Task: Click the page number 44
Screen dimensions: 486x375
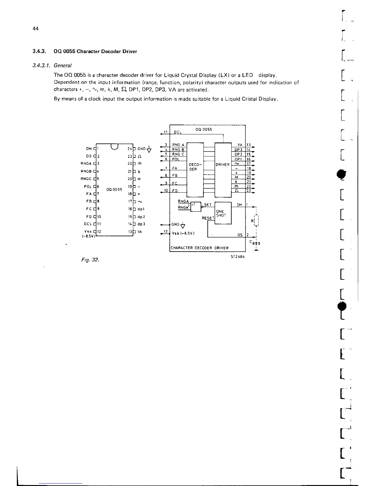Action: click(36, 29)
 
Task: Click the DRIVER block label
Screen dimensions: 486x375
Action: click(222, 165)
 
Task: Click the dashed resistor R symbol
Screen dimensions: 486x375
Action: click(255, 221)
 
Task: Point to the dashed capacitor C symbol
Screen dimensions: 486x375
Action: click(256, 243)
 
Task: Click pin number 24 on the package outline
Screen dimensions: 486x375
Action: click(129, 149)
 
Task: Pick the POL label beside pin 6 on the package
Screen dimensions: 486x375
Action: click(87, 187)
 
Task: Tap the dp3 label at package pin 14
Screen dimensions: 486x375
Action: click(142, 224)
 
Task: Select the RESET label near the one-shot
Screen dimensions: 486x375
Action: click(208, 218)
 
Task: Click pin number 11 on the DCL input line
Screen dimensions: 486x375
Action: click(165, 132)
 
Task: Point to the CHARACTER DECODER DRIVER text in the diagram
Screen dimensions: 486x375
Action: click(199, 248)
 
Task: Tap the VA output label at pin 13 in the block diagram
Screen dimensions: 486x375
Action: click(240, 145)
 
